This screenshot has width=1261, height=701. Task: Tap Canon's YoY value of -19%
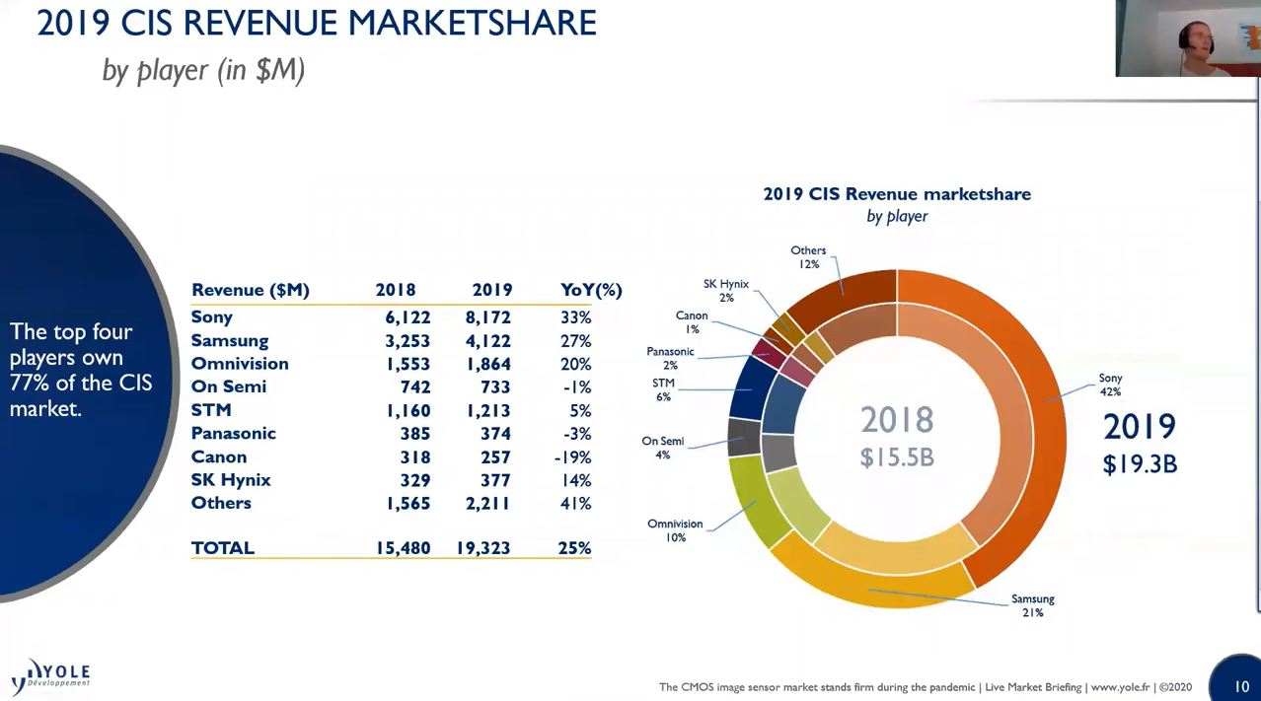click(572, 457)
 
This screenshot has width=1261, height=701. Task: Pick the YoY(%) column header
click(590, 290)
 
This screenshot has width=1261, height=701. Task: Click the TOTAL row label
click(222, 548)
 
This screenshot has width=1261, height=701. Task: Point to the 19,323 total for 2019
click(482, 548)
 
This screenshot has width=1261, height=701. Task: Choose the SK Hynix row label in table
click(231, 480)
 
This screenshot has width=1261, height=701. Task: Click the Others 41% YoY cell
click(574, 504)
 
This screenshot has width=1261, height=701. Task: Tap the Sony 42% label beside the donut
click(1110, 385)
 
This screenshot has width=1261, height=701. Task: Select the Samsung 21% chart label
click(1032, 605)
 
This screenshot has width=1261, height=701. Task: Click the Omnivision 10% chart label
click(675, 530)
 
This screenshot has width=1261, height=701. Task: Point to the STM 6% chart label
click(663, 389)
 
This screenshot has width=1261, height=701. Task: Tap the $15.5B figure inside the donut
click(896, 457)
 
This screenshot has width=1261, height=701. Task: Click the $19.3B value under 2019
click(1140, 463)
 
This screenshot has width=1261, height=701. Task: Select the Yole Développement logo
click(51, 675)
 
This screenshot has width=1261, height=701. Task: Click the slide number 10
click(1241, 686)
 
